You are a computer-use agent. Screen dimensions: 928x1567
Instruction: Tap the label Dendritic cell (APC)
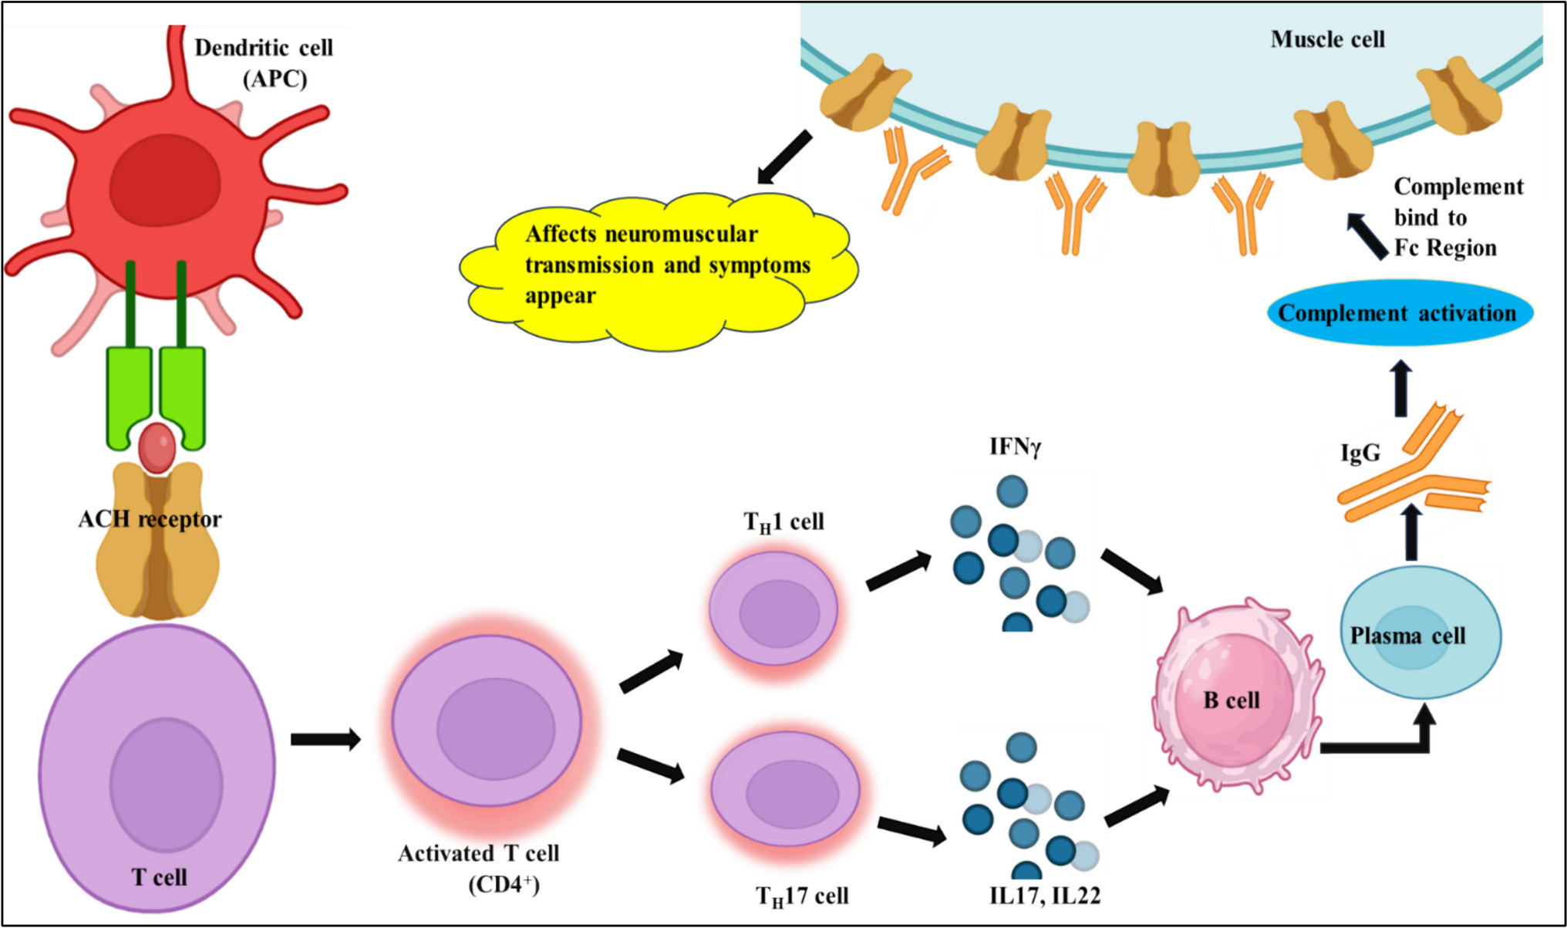pos(265,63)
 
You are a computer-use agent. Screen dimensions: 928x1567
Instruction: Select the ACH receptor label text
pos(150,519)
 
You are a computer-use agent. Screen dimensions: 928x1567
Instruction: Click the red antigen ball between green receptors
pos(157,447)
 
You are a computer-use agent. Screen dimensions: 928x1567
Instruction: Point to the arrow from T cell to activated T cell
pos(325,739)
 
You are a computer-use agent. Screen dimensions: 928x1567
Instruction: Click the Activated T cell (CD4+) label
pos(479,869)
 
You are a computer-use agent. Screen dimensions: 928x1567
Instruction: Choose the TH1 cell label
pos(783,522)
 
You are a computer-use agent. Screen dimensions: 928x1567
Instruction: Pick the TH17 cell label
pos(802,896)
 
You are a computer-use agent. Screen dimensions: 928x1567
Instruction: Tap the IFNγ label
pos(1015,447)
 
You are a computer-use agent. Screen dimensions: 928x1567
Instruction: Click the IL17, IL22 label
pos(1045,896)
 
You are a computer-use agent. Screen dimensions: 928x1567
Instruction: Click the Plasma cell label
pos(1407,636)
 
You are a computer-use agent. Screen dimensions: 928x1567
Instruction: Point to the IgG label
pos(1360,453)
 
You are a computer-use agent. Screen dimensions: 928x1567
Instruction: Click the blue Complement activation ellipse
pos(1399,313)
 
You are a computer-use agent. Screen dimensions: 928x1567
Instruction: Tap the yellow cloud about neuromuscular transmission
pos(659,266)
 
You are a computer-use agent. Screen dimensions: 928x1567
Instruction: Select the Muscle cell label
pos(1327,39)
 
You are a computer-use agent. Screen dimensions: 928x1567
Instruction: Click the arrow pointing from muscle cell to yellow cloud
pos(785,157)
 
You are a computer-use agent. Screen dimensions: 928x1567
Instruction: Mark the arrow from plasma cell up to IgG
pos(1411,533)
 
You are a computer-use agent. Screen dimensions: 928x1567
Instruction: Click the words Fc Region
pos(1446,248)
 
